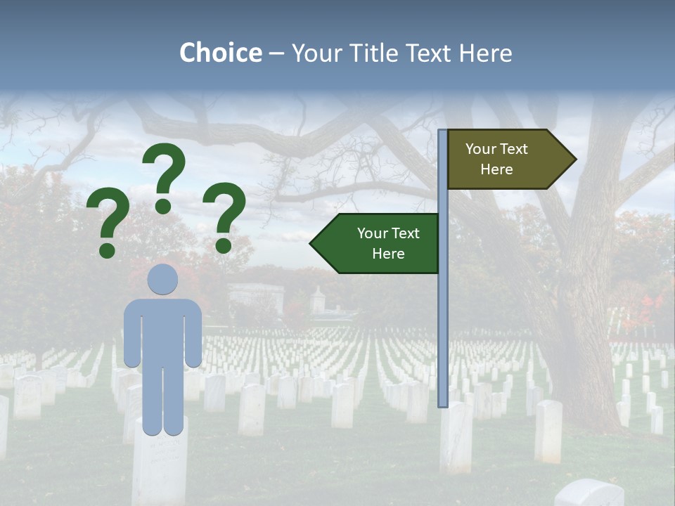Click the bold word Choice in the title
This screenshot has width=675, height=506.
coord(220,53)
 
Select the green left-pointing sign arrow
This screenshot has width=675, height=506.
coord(376,243)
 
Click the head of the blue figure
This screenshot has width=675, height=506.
coord(162,280)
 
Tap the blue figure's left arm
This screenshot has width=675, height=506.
coord(131,334)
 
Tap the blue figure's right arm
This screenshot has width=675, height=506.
coord(194,334)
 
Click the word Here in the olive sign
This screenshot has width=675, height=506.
coord(496,169)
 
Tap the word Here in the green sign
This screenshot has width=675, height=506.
coord(388,254)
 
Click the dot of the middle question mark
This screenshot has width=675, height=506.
coord(163,206)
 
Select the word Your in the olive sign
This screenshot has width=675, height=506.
coord(480,149)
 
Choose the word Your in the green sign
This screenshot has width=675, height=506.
coord(372,233)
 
